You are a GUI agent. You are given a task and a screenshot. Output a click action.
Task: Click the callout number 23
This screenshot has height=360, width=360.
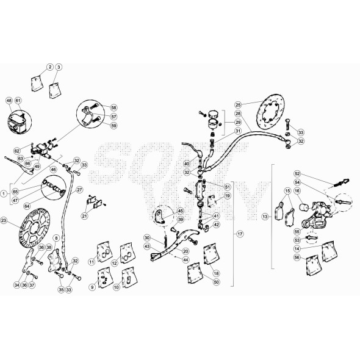(x=4, y=220)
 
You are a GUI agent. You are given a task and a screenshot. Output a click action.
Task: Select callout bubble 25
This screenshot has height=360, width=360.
(x=238, y=104)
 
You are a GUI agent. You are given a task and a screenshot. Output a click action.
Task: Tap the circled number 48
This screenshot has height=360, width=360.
(x=9, y=100)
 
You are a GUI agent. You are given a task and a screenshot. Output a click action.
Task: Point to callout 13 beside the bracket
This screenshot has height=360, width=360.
(x=264, y=217)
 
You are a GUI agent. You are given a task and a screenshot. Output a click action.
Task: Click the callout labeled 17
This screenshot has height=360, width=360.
(x=240, y=234)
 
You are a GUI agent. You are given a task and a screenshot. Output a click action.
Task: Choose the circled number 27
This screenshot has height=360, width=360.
(x=79, y=190)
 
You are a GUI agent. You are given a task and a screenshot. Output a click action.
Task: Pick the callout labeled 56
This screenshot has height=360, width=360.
(x=297, y=257)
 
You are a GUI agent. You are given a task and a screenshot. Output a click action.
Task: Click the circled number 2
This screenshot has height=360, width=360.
(x=49, y=67)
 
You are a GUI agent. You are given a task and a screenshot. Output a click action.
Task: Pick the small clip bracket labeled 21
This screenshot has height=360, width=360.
(x=92, y=200)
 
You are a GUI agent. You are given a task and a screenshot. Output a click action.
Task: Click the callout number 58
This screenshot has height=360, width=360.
(x=113, y=107)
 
